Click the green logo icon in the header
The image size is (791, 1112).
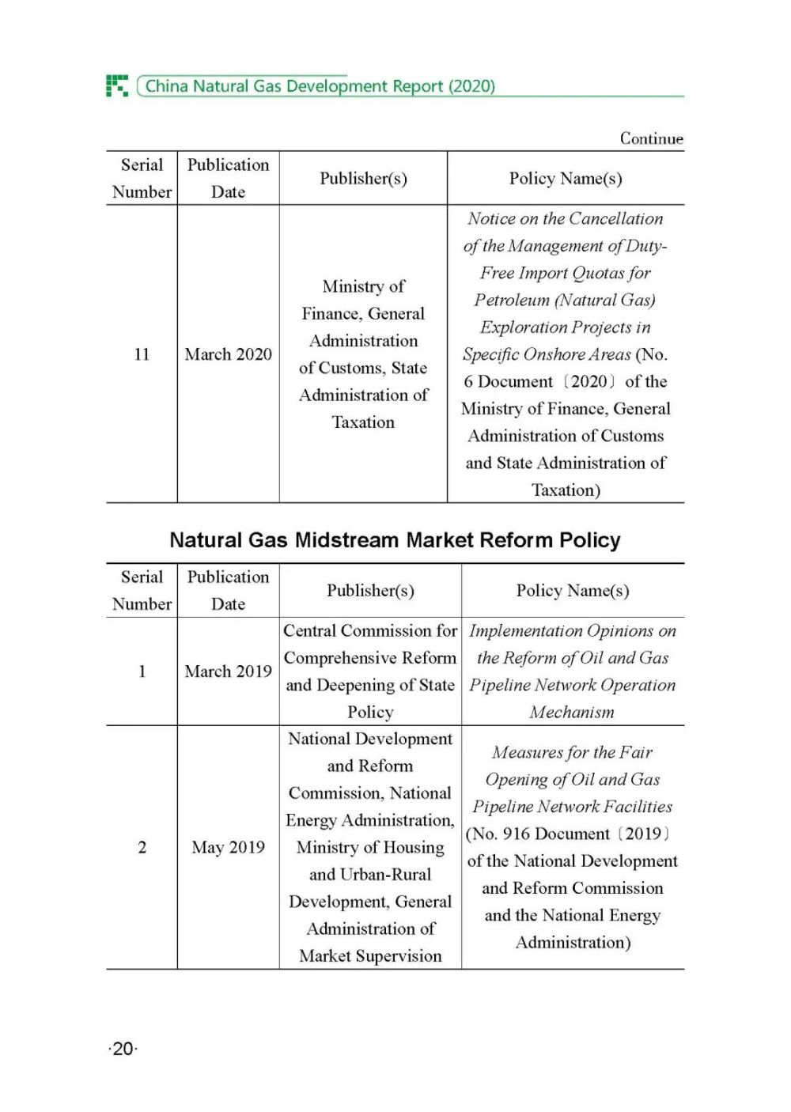pyautogui.click(x=117, y=85)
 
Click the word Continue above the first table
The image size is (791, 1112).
pyautogui.click(x=651, y=138)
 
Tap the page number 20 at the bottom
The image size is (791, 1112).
pyautogui.click(x=123, y=1049)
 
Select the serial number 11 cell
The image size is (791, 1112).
pyautogui.click(x=142, y=354)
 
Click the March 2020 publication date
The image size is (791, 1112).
pyautogui.click(x=228, y=354)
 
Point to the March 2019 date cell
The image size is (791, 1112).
pyautogui.click(x=228, y=671)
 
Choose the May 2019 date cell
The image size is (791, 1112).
pyautogui.click(x=228, y=847)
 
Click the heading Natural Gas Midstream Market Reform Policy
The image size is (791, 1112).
pyautogui.click(x=395, y=540)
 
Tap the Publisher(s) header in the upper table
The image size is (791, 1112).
pyautogui.click(x=363, y=179)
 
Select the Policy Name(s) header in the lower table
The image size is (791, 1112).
pyautogui.click(x=573, y=591)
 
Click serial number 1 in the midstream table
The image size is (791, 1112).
pyautogui.click(x=142, y=671)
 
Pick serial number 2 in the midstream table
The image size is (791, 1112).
pyautogui.click(x=142, y=847)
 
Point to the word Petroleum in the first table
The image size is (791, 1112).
pyautogui.click(x=512, y=301)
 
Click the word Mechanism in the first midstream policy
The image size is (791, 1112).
pyautogui.click(x=572, y=713)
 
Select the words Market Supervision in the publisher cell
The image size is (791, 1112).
pyautogui.click(x=370, y=956)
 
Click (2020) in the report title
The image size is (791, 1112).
pyautogui.click(x=471, y=86)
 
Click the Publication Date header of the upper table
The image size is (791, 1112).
pyautogui.click(x=228, y=179)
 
